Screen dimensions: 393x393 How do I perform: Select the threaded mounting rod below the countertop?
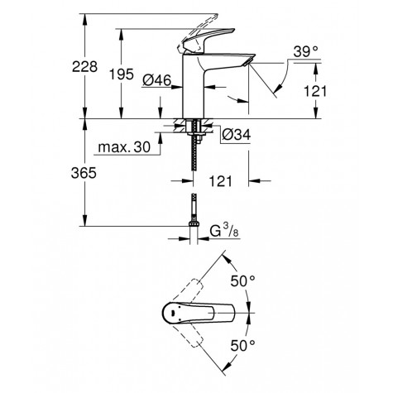tap(195, 157)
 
